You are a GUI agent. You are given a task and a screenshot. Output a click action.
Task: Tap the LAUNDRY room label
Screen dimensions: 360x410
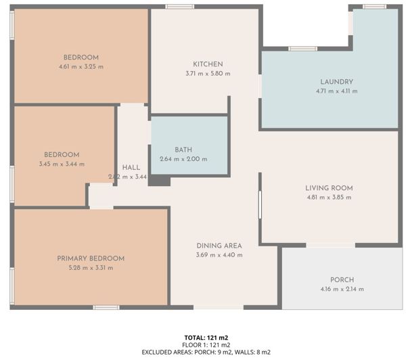click(x=336, y=82)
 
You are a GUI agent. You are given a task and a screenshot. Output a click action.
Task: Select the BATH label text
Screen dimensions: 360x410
click(x=183, y=150)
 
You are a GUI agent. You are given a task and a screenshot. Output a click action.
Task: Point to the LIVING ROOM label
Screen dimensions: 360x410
click(x=329, y=188)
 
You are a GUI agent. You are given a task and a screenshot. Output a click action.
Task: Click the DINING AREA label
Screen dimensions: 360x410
click(x=219, y=246)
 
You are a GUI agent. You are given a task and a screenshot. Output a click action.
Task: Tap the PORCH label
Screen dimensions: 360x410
click(x=342, y=279)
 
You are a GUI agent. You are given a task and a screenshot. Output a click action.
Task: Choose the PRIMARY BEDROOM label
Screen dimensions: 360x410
click(x=91, y=258)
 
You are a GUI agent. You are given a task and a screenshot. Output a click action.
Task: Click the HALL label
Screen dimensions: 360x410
click(x=131, y=168)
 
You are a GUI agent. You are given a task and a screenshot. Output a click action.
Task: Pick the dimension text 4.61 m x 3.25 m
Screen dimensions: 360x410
click(x=81, y=67)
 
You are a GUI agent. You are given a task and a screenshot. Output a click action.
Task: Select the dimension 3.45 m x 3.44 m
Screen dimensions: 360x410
click(x=62, y=164)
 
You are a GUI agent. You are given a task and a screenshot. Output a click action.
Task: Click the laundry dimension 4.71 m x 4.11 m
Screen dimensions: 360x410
click(x=336, y=91)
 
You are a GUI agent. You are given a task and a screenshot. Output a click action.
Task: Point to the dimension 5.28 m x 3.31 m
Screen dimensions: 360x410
click(x=91, y=268)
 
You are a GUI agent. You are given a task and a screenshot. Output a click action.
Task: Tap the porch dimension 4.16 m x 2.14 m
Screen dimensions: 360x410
click(x=342, y=289)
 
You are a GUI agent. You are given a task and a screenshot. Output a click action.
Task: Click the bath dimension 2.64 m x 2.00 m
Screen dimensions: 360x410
click(x=183, y=159)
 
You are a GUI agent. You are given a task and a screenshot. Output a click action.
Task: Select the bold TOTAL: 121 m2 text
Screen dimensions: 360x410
click(x=206, y=337)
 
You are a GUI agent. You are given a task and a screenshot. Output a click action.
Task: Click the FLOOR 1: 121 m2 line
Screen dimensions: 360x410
click(x=206, y=344)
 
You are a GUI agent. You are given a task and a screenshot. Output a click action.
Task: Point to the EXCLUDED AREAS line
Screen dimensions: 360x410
click(x=206, y=352)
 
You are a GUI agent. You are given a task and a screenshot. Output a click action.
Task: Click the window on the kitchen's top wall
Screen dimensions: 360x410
click(x=180, y=7)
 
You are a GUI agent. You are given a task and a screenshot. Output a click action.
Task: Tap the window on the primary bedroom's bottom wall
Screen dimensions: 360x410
click(x=106, y=308)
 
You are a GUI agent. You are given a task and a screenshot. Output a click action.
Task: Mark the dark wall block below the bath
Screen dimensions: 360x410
click(x=160, y=181)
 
